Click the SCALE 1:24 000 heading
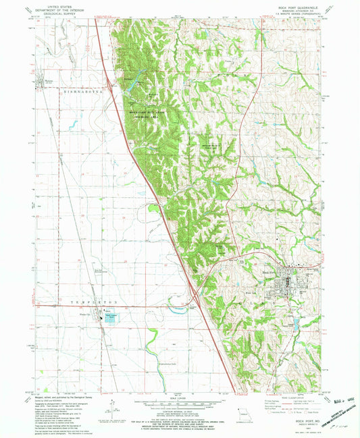179,396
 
